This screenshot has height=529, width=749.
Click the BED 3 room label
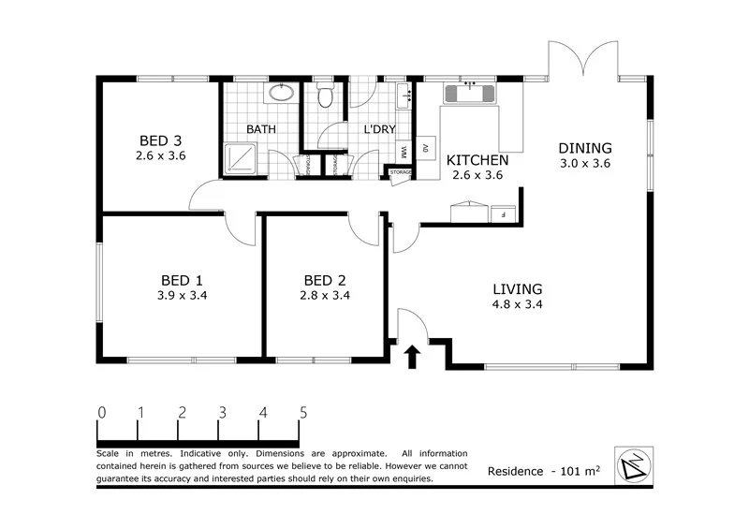[161, 141]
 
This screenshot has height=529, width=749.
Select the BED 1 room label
[184, 280]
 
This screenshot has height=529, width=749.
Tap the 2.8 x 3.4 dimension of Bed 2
[326, 296]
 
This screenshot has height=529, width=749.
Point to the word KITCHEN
[477, 160]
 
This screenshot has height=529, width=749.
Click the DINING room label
[585, 148]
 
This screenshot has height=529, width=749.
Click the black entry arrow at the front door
[410, 356]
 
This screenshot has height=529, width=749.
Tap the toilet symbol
[326, 96]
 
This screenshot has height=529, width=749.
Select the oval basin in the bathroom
[281, 93]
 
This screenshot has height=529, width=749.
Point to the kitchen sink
[469, 93]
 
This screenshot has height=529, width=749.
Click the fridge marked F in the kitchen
[504, 213]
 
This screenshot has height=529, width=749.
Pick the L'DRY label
[378, 129]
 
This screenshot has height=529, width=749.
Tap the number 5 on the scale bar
[302, 412]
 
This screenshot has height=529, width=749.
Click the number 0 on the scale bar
[100, 412]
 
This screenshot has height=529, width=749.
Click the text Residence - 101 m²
[543, 471]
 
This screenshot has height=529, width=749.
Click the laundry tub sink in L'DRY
[405, 95]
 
